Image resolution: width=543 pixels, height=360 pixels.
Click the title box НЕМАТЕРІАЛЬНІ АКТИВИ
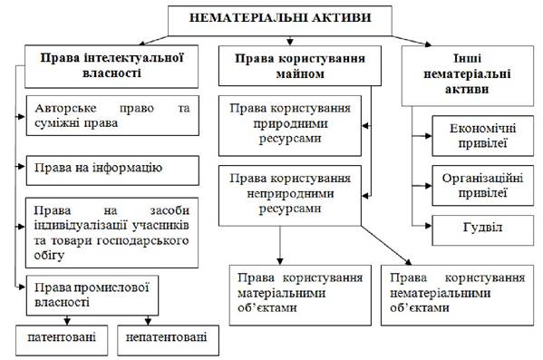click(280, 21)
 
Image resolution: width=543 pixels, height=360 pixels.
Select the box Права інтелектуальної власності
click(112, 66)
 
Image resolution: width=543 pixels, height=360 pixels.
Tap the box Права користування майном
click(300, 65)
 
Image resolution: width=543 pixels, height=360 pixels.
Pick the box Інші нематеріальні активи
click(468, 75)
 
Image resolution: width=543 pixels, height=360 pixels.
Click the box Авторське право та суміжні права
click(112, 115)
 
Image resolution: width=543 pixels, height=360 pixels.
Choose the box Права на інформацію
click(112, 170)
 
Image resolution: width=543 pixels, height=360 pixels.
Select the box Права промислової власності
click(92, 296)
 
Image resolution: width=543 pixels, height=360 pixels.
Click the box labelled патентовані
click(62, 340)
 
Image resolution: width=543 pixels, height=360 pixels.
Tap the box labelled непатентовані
click(168, 340)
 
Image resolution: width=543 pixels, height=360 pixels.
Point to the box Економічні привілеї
click(483, 136)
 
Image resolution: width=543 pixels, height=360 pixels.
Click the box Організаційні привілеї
click(483, 185)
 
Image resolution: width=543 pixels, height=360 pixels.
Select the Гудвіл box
click(483, 230)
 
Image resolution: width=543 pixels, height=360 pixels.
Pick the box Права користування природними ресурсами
click(290, 125)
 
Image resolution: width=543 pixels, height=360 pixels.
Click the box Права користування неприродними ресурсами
click(290, 196)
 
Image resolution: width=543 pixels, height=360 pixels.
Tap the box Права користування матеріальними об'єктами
click(300, 296)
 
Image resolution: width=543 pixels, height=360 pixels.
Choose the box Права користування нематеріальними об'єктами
click(457, 296)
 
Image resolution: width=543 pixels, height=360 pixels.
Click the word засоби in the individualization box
click(170, 210)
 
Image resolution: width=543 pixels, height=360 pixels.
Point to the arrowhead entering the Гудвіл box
click(429, 226)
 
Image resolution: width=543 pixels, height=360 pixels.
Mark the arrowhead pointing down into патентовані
click(67, 321)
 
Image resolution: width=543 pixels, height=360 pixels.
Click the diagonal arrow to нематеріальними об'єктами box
click(386, 246)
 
